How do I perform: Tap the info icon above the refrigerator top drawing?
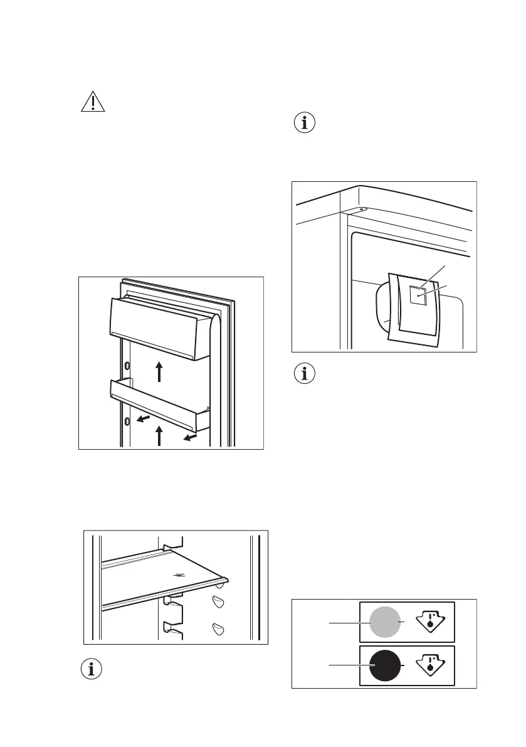[x=305, y=123]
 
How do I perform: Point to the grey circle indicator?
[x=384, y=622]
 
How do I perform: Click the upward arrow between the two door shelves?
[x=160, y=371]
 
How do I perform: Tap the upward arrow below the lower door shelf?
[x=160, y=435]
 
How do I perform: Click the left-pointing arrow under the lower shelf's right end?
[x=189, y=434]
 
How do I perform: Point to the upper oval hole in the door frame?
[x=127, y=365]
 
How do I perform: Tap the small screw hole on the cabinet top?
[x=362, y=210]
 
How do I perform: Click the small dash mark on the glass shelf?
[x=178, y=573]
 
